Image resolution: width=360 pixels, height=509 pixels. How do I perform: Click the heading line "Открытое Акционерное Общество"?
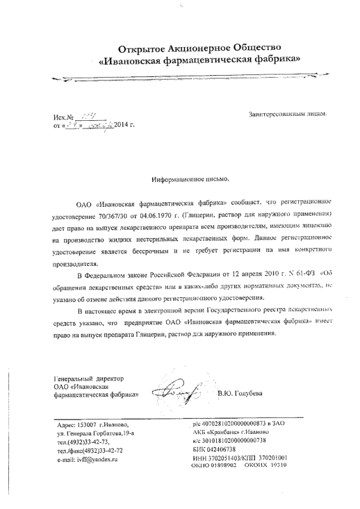point(198,49)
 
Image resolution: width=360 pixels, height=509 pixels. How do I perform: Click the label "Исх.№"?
point(64,117)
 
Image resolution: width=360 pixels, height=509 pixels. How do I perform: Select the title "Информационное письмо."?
point(190,179)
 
